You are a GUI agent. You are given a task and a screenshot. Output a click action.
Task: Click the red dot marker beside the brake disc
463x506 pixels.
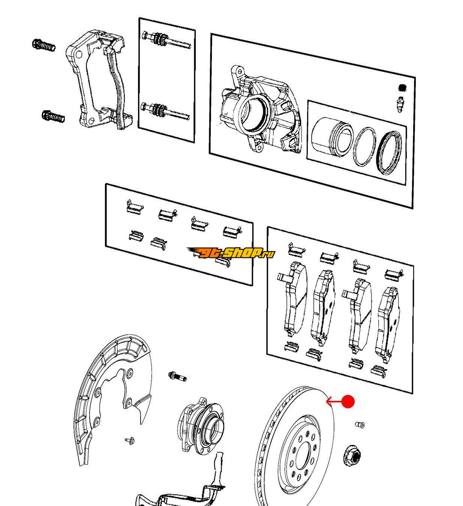click(x=348, y=402)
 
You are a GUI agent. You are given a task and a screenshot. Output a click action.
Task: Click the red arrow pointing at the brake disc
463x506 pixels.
click(x=335, y=402)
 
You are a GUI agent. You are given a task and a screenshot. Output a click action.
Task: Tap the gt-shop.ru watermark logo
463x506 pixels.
click(x=231, y=253)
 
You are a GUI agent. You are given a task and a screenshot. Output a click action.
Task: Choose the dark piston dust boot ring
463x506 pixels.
click(x=391, y=153)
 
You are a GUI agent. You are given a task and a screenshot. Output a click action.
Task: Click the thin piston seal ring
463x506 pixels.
click(x=364, y=147)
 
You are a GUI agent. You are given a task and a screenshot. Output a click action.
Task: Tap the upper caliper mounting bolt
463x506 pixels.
click(x=44, y=45)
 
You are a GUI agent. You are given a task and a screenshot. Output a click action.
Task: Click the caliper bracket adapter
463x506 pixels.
click(x=99, y=81)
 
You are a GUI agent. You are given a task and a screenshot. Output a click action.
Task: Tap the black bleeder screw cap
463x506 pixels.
click(x=402, y=88)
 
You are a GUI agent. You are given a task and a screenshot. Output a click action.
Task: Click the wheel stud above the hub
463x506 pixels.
click(x=177, y=376)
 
